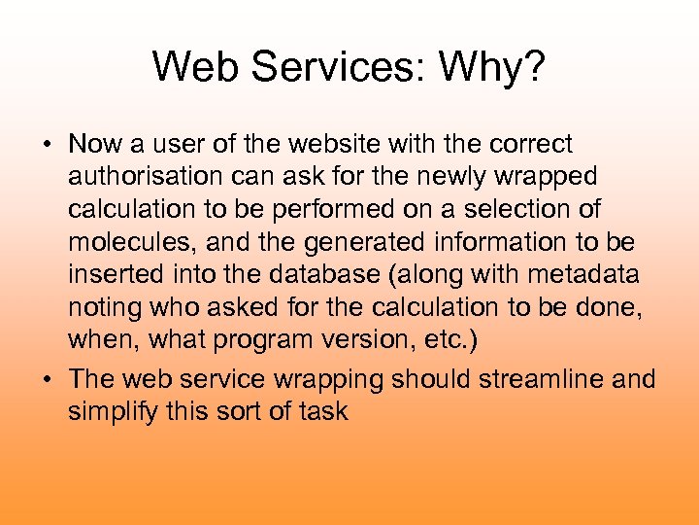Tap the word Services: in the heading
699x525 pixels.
[x=332, y=67]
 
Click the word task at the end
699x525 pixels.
[x=324, y=411]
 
